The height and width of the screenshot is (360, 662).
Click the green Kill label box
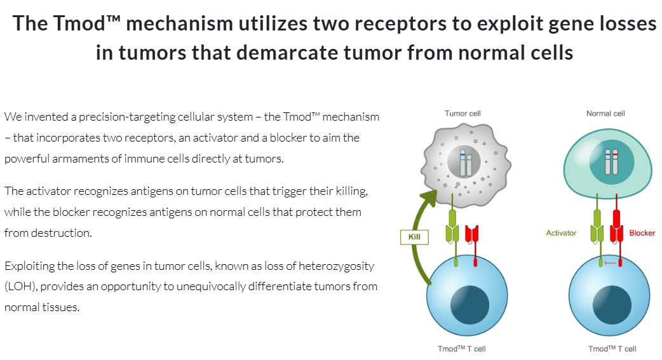(x=414, y=237)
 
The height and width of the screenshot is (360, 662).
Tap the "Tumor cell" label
(x=462, y=114)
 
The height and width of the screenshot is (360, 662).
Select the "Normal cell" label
(x=605, y=114)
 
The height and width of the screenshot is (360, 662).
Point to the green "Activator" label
(x=561, y=233)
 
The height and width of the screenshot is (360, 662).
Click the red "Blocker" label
(x=642, y=233)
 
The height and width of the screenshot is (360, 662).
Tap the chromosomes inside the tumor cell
(x=466, y=164)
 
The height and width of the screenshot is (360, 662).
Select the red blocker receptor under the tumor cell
(x=471, y=235)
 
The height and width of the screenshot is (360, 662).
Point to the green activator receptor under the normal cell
(x=598, y=229)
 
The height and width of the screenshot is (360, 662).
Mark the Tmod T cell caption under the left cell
(x=462, y=349)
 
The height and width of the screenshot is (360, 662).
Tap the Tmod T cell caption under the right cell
(x=612, y=349)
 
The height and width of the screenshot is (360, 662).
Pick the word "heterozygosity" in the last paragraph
(x=337, y=266)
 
